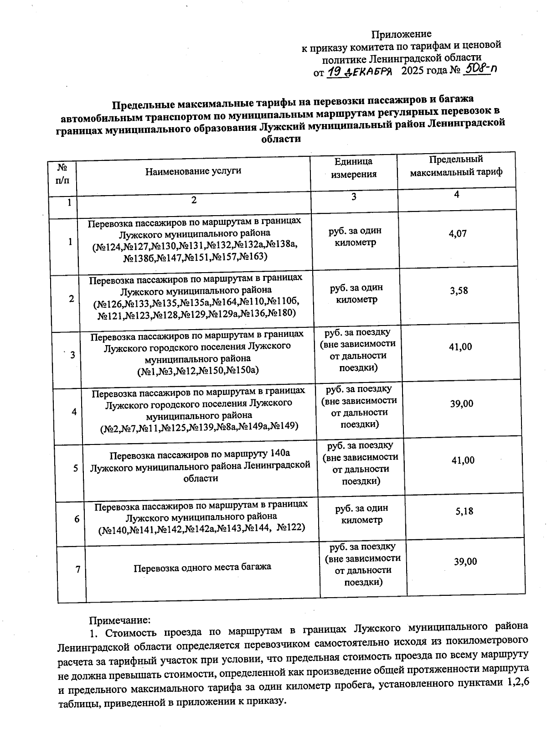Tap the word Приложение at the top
(x=401, y=34)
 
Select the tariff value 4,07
(x=458, y=233)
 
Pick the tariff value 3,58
(x=459, y=290)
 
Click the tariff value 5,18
(x=464, y=511)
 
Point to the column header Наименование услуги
(x=193, y=171)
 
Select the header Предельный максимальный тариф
(x=456, y=166)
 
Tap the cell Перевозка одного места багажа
(x=202, y=567)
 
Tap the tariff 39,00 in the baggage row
(x=465, y=561)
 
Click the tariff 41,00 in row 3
(x=460, y=346)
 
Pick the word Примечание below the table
(x=119, y=620)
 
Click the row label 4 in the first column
(x=74, y=412)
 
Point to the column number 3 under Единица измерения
(x=353, y=196)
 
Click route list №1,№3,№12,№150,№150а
(x=198, y=370)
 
